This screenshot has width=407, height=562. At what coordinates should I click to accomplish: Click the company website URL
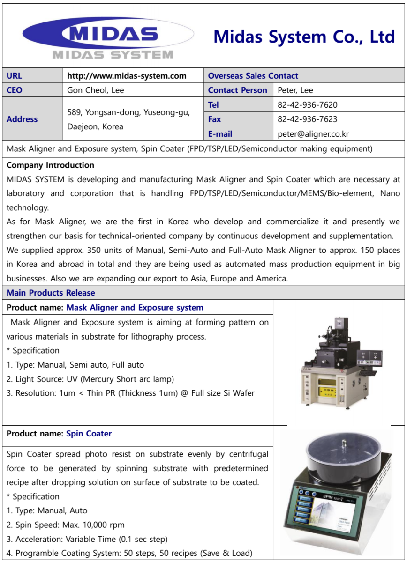[127, 76]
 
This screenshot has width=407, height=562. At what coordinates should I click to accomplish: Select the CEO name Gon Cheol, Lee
[96, 90]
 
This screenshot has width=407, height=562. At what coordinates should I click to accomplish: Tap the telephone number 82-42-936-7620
[307, 105]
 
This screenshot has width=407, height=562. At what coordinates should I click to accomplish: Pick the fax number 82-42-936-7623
[307, 119]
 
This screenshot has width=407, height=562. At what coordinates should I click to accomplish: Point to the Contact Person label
[237, 90]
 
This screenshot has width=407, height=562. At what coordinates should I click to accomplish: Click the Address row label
[22, 119]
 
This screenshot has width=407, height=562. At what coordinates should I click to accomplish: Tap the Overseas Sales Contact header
[253, 76]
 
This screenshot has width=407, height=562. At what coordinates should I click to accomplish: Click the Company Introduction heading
[50, 165]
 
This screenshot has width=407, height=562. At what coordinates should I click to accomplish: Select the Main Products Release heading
[51, 293]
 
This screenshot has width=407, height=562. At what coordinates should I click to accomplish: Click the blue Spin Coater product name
[89, 434]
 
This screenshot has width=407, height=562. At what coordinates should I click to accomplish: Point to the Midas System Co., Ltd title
[304, 37]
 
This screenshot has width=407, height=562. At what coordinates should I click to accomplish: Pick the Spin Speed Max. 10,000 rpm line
[66, 525]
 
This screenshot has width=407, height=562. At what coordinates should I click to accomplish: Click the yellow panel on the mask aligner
[316, 390]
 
